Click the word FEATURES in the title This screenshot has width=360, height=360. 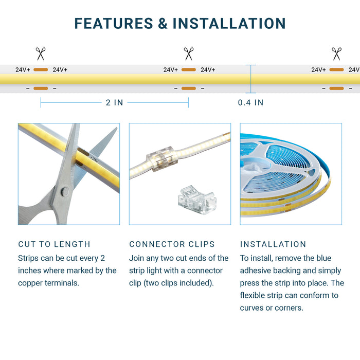point(114,24)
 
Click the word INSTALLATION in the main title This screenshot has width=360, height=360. point(229,24)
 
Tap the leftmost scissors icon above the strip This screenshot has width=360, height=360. point(41,53)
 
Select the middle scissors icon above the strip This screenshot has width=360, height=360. point(189,53)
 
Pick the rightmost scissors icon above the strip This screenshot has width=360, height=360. point(336,53)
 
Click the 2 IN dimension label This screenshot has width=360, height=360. point(114,102)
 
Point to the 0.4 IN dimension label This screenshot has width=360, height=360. point(250,102)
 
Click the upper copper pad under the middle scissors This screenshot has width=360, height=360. point(189,69)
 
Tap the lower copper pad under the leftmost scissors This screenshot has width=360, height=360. point(41,88)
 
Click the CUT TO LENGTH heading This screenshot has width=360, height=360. point(54,244)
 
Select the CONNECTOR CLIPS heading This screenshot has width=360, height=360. point(172,244)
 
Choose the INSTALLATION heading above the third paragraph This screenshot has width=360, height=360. point(273,244)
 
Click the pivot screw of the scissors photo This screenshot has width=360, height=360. point(64,192)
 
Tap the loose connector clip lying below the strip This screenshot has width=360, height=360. point(197,200)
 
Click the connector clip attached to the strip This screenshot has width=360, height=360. point(162,158)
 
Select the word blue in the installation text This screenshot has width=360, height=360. point(323,258)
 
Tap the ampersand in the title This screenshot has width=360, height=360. point(163,24)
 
